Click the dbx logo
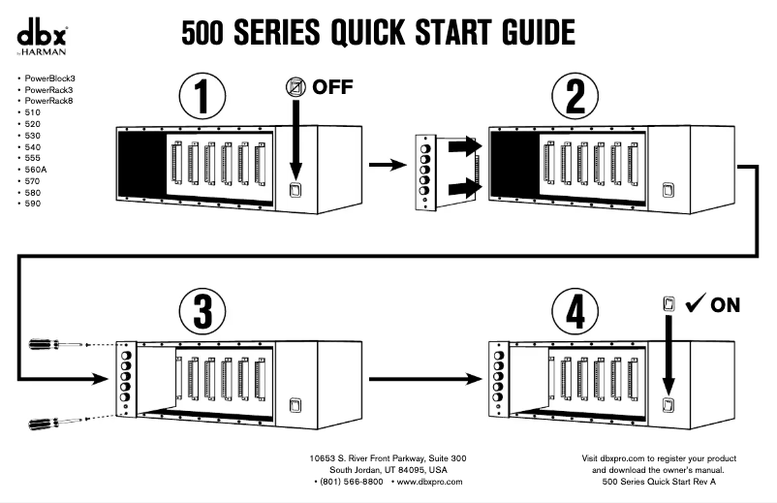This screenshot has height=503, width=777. (x=39, y=34)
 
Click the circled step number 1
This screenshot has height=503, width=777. (x=202, y=97)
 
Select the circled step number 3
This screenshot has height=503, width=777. (x=202, y=311)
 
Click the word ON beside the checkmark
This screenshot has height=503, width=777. (x=725, y=305)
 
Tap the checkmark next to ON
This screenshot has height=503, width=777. (x=694, y=304)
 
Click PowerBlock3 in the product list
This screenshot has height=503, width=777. (x=52, y=78)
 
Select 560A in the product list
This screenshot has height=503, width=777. (x=37, y=170)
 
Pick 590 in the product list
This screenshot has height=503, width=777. (x=33, y=204)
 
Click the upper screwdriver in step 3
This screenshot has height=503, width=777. (x=53, y=343)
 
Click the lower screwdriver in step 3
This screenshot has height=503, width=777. (x=53, y=422)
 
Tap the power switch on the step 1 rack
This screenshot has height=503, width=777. (x=297, y=191)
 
